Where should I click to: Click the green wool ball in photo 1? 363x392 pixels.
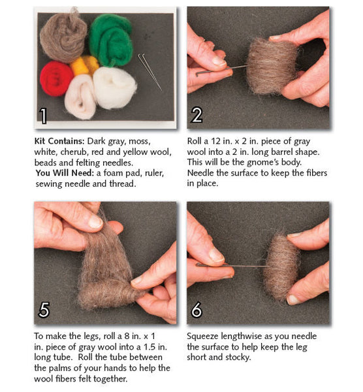[x=111, y=40]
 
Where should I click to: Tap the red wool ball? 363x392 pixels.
[x=56, y=79]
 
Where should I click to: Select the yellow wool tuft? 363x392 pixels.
[x=85, y=65]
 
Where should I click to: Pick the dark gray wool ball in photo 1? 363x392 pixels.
[x=64, y=36]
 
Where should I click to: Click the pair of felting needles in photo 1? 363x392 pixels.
[x=150, y=72]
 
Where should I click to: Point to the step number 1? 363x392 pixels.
[x=43, y=116]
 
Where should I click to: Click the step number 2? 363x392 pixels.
[x=197, y=115]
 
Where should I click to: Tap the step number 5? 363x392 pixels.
[x=44, y=310]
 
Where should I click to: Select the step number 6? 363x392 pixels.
[x=197, y=310]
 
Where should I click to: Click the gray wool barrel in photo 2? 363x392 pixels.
[x=272, y=66]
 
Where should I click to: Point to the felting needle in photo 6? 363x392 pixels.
[x=232, y=265]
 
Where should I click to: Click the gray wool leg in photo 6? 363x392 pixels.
[x=281, y=267]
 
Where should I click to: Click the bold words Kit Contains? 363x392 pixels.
[x=59, y=141]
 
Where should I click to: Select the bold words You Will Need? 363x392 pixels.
[x=65, y=173]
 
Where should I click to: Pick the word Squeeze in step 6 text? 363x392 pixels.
[x=202, y=336]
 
